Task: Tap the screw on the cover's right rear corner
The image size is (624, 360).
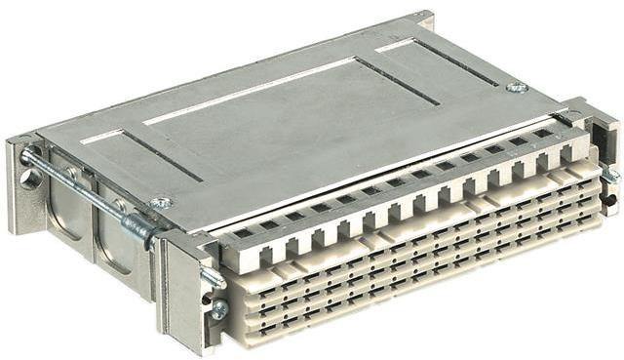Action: pos(516,87)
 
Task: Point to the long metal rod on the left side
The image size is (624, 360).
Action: pos(78,184)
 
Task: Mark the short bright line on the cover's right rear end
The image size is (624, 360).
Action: pos(395,44)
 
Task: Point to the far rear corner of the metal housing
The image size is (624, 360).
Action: pos(425,17)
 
